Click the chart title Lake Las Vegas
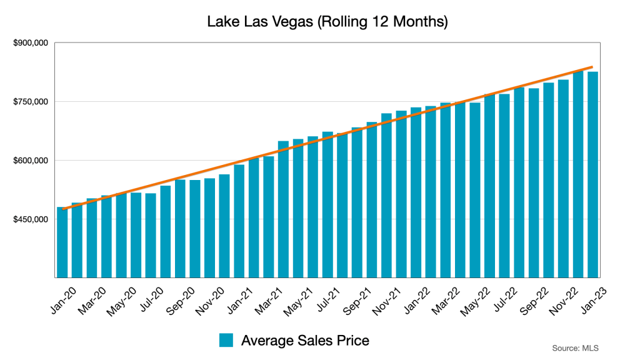[x=327, y=22]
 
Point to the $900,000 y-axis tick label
[x=31, y=43]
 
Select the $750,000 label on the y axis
[x=31, y=102]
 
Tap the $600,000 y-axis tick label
[x=31, y=161]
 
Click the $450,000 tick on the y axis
[x=31, y=219]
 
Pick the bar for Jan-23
[x=592, y=175]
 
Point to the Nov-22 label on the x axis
[x=562, y=299]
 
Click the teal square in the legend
[x=226, y=340]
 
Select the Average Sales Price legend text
[x=305, y=340]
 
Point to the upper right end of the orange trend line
[x=591, y=67]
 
